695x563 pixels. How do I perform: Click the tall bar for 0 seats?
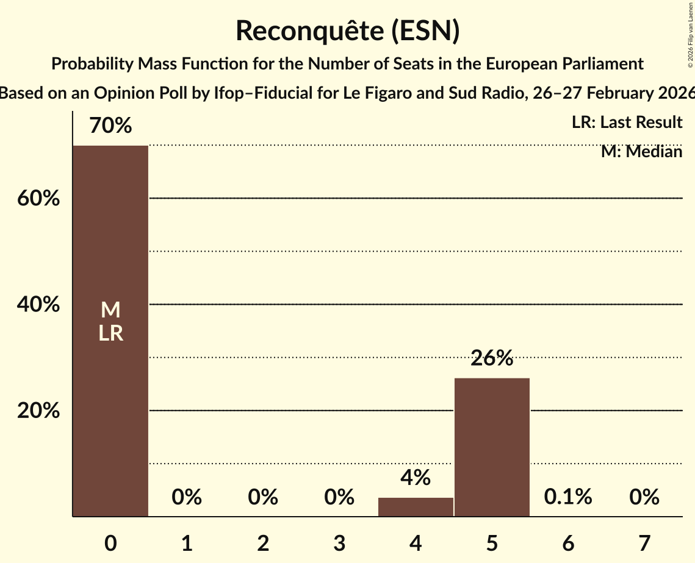pyautogui.click(x=110, y=396)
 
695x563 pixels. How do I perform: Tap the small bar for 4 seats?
pyautogui.click(x=416, y=507)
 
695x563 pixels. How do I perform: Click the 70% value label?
pyautogui.click(x=110, y=126)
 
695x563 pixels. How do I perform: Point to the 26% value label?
pyautogui.click(x=492, y=359)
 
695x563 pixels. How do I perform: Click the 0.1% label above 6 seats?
pyautogui.click(x=568, y=497)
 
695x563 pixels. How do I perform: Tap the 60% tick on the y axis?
pyautogui.click(x=38, y=199)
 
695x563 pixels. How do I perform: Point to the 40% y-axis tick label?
pyautogui.click(x=38, y=305)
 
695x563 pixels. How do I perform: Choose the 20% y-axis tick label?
pyautogui.click(x=38, y=411)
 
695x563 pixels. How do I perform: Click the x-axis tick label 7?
pyautogui.click(x=644, y=543)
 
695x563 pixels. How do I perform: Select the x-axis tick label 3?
pyautogui.click(x=339, y=543)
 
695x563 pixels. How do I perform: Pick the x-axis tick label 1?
pyautogui.click(x=187, y=543)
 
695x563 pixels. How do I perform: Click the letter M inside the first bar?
pyautogui.click(x=110, y=311)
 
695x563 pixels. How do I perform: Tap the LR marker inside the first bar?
pyautogui.click(x=110, y=333)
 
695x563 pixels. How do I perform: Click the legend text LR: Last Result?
pyautogui.click(x=627, y=122)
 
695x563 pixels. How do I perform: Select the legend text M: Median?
pyautogui.click(x=641, y=151)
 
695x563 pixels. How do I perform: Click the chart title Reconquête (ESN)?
pyautogui.click(x=347, y=30)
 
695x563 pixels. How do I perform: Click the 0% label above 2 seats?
pyautogui.click(x=263, y=497)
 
